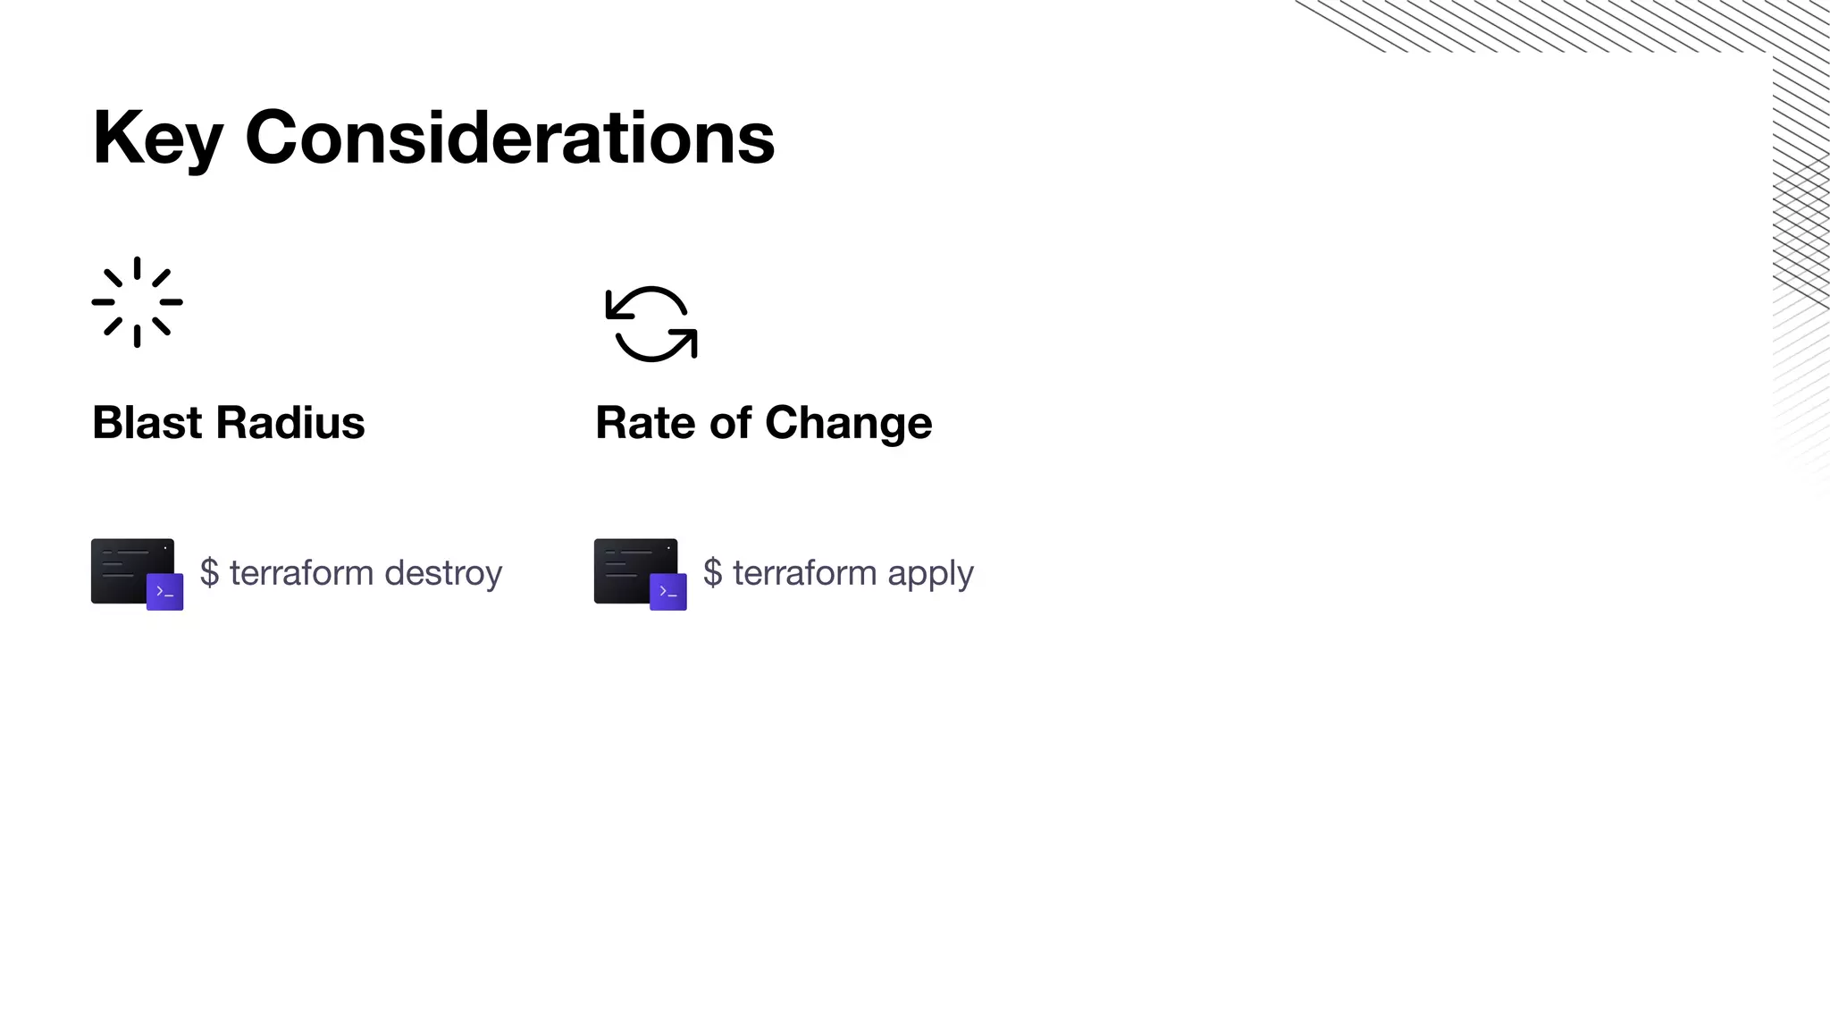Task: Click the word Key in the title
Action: click(157, 138)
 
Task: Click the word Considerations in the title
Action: click(509, 138)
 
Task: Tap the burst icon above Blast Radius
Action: click(137, 302)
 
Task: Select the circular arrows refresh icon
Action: click(651, 324)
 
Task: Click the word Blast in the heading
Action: click(147, 422)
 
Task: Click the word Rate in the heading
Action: click(645, 422)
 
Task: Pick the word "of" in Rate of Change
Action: click(729, 422)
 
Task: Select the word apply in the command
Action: click(930, 573)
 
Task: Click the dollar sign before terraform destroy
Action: click(209, 572)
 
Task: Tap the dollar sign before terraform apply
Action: click(712, 572)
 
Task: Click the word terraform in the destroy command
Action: click(301, 572)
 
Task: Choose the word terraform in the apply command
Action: click(804, 572)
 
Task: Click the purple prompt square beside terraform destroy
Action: click(165, 591)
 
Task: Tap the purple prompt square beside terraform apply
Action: click(668, 591)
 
